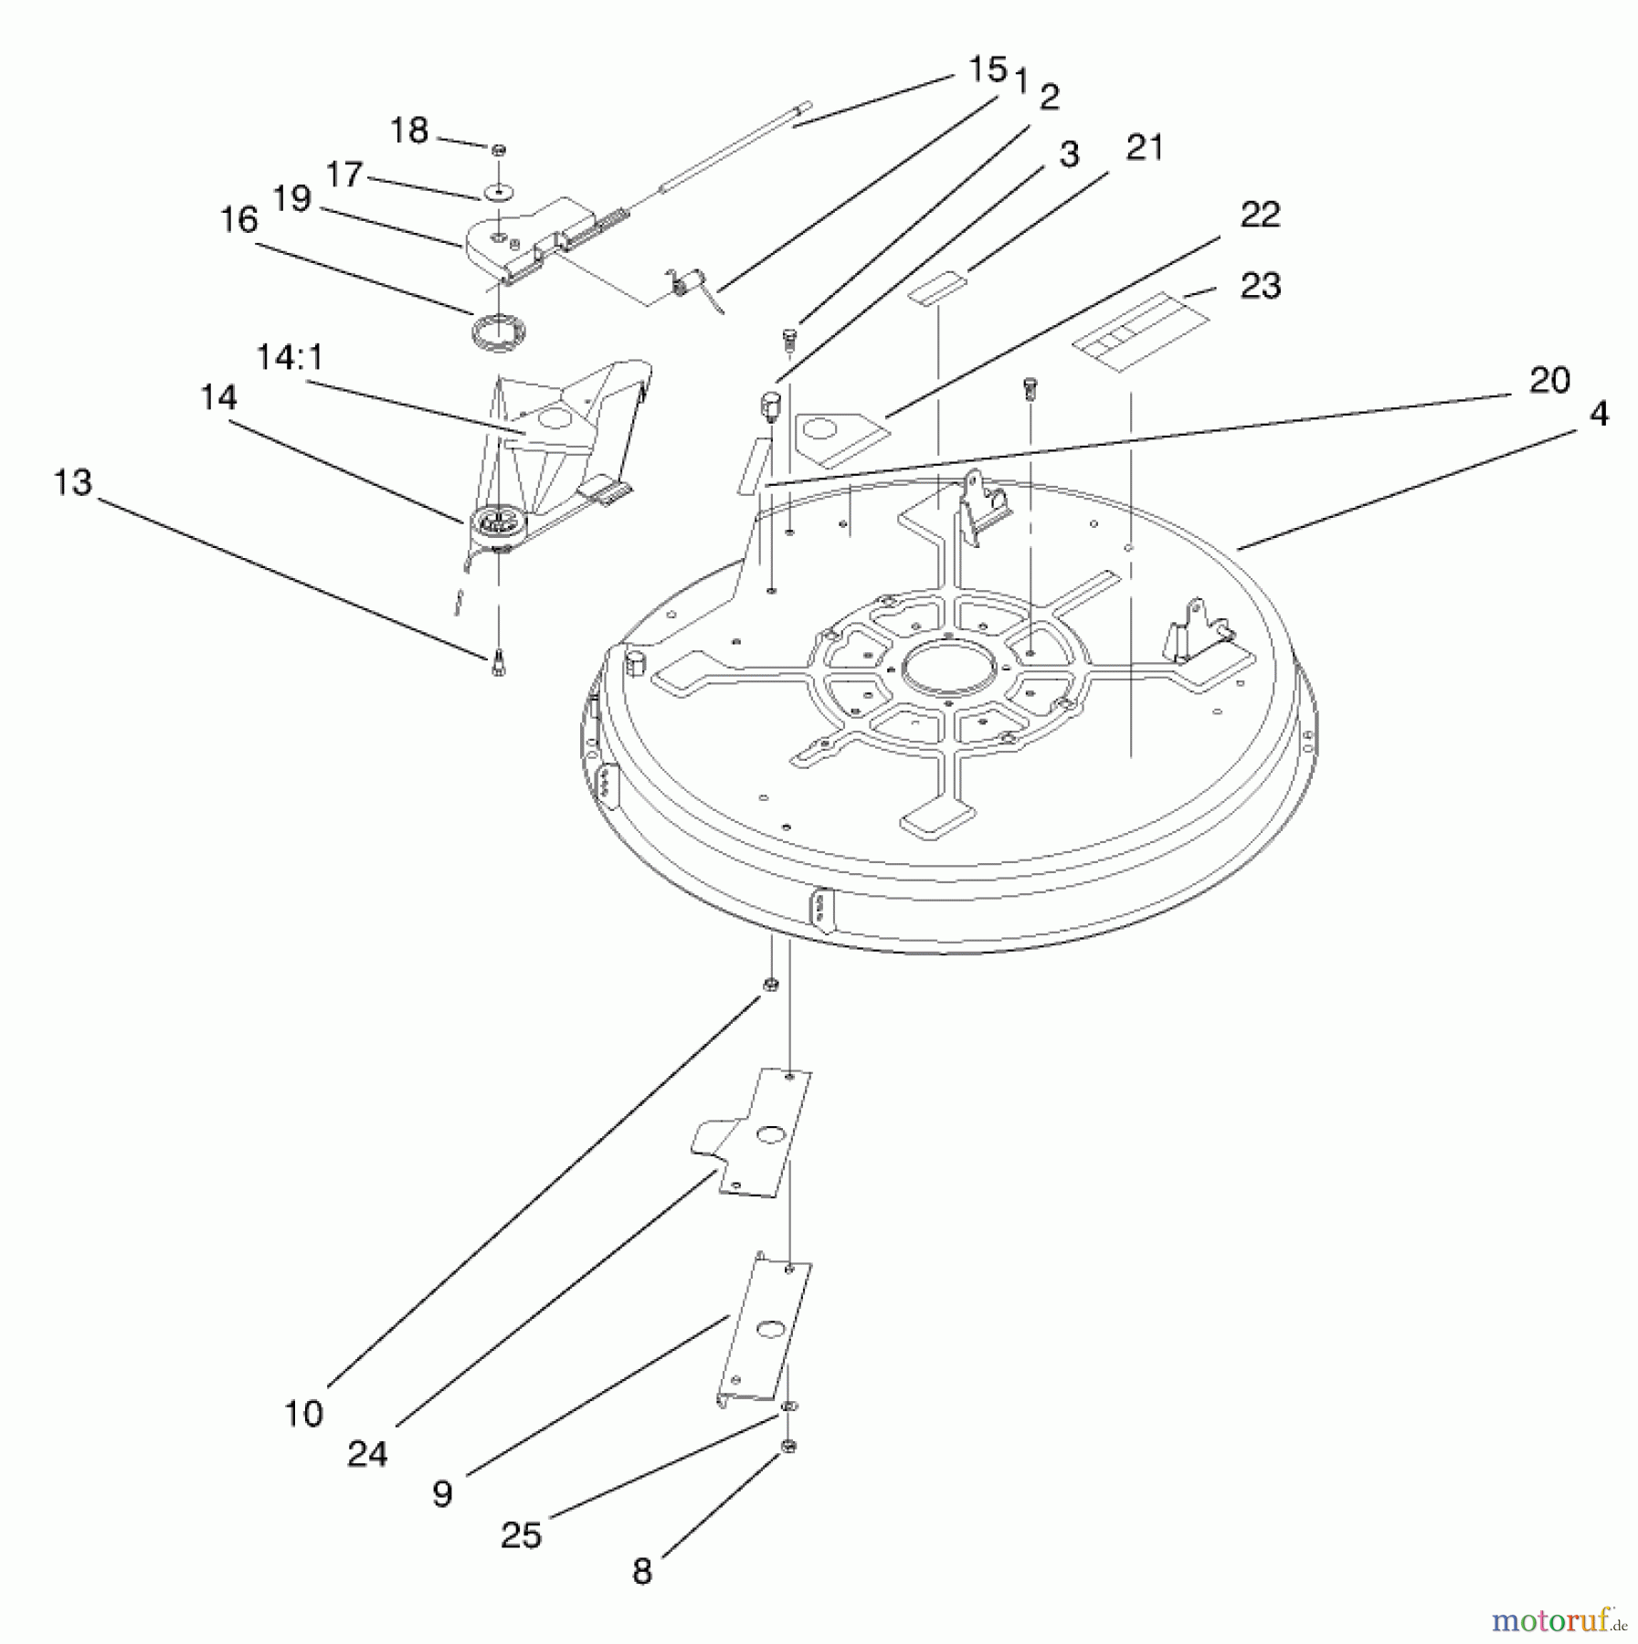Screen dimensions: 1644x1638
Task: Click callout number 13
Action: (x=73, y=482)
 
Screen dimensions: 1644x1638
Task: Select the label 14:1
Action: (x=289, y=357)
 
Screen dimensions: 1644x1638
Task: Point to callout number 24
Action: (x=367, y=1454)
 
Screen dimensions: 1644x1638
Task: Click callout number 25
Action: (x=521, y=1534)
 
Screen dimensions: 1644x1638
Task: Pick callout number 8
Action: (x=642, y=1572)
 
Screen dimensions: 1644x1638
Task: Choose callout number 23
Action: (x=1261, y=286)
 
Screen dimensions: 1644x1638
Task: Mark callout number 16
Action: (x=238, y=220)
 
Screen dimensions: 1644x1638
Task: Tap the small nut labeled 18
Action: (x=499, y=150)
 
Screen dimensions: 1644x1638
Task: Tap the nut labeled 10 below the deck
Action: (x=770, y=984)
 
